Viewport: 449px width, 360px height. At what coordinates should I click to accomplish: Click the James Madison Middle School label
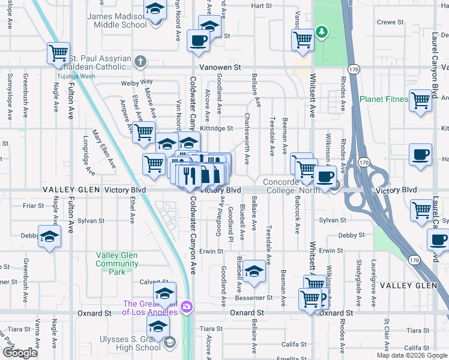click(x=117, y=20)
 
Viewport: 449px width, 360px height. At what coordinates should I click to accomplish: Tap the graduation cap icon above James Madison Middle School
click(x=155, y=10)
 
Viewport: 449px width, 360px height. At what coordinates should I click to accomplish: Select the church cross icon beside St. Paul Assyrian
click(x=140, y=61)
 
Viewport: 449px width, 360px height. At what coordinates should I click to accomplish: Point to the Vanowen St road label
click(x=220, y=68)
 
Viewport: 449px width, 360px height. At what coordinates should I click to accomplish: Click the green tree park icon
click(x=322, y=31)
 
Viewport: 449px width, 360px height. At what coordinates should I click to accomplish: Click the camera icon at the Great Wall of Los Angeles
click(x=187, y=307)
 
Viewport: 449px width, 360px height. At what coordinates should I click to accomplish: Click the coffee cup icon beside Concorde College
click(x=325, y=177)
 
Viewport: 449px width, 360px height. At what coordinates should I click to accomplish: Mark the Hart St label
click(x=262, y=5)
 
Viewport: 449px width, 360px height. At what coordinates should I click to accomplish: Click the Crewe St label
click(x=390, y=22)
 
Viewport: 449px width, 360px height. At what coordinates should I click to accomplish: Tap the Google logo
click(x=20, y=353)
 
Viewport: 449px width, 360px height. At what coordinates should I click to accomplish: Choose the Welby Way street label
click(x=137, y=82)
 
